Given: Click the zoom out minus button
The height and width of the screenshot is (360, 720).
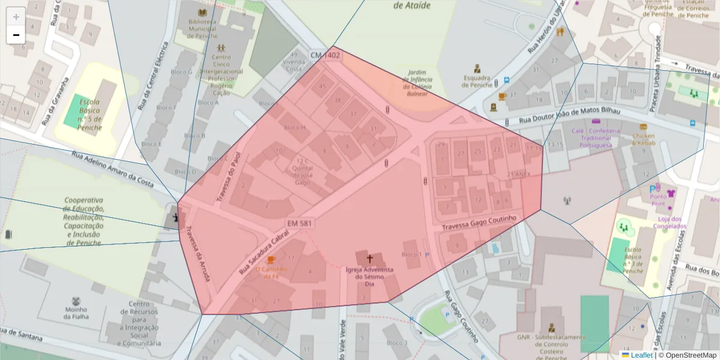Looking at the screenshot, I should pos(16,35).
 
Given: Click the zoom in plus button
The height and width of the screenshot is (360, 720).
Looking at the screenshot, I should pos(16,17).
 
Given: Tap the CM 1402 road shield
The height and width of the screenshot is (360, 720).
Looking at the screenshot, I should pos(325,55).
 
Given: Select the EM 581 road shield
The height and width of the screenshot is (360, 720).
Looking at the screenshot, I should pos(300,223).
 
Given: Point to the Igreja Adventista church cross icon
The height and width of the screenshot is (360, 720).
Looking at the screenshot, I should pos(370,259).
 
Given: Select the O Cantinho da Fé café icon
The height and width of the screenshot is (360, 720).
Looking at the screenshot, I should pos(271,259).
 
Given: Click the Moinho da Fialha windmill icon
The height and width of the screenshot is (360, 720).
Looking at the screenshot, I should pos(76,301).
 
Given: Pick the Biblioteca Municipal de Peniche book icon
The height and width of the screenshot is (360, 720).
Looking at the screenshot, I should pos(202,13).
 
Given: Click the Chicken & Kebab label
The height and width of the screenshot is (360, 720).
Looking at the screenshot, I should pos(643,140).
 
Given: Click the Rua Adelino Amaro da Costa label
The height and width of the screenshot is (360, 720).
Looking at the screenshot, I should pos(113,169).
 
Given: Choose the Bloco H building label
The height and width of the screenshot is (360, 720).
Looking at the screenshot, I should pos(295,127).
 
